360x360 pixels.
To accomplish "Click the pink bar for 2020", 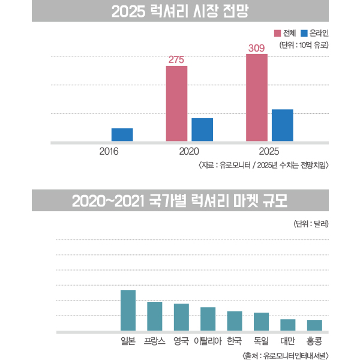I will [176, 103].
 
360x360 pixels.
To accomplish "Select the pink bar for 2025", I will [257, 98].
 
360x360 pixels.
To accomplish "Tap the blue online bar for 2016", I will [122, 135].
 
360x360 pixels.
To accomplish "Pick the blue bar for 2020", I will [202, 130].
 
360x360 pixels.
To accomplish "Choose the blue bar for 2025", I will [282, 125].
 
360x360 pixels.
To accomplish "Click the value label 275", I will [176, 59].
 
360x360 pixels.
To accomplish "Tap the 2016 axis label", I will [109, 152].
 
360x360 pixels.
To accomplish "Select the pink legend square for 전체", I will [278, 32].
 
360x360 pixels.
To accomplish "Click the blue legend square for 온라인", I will [304, 32].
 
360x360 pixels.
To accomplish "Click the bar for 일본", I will [128, 310].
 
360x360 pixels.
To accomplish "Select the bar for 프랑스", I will [155, 316].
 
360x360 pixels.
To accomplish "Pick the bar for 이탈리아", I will [208, 319].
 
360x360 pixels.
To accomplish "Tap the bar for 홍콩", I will [314, 325].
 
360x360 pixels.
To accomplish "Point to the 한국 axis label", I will [234, 341].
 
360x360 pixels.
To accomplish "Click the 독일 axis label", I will [261, 341].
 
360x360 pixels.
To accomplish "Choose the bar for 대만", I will [288, 325].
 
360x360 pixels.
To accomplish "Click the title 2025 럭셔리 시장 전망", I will [180, 11].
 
